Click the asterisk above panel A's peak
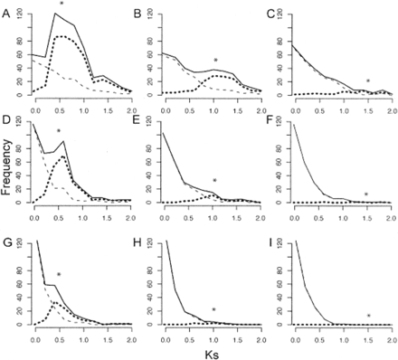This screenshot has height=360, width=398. [60, 5]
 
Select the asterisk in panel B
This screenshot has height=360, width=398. [214, 62]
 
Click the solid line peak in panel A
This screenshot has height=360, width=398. [57, 14]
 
